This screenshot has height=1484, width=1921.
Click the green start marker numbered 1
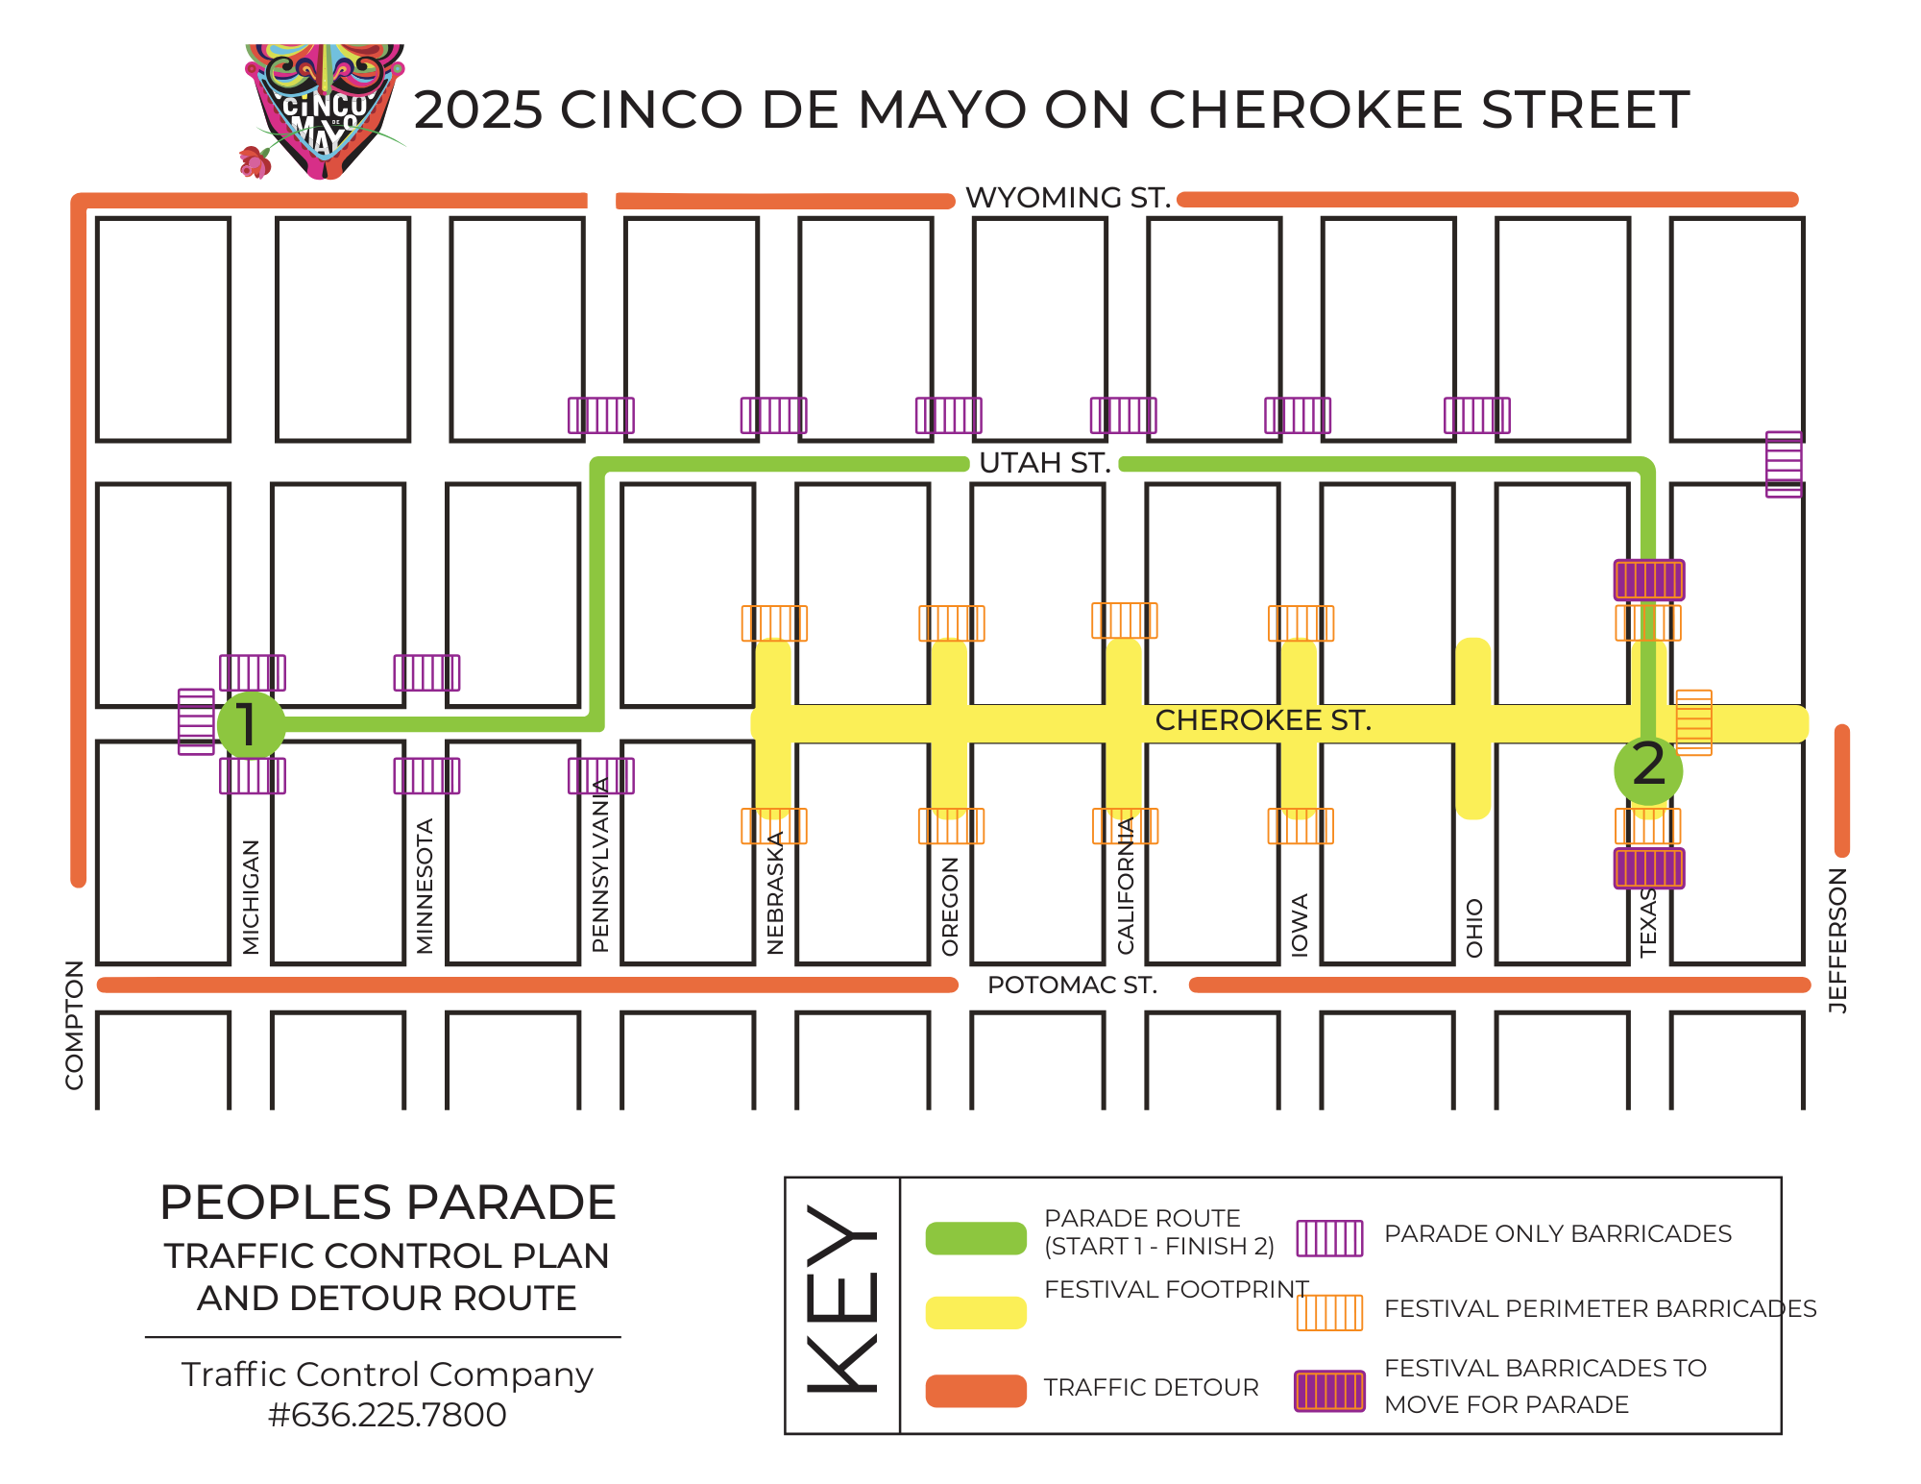point(251,724)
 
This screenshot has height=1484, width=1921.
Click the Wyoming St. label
point(1067,198)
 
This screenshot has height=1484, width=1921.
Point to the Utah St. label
point(1044,463)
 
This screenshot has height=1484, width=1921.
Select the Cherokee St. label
point(1262,720)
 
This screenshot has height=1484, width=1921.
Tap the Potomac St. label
point(1072,985)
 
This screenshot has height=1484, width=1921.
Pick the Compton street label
point(74,1024)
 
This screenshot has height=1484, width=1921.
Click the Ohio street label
point(1474,928)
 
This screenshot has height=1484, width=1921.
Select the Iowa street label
point(1300,924)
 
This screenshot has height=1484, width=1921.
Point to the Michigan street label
point(251,897)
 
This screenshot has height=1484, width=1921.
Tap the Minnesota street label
point(425,886)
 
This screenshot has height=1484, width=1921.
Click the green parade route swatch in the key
point(976,1237)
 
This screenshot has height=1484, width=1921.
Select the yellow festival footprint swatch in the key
point(976,1312)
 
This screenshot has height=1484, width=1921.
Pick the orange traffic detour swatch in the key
point(976,1390)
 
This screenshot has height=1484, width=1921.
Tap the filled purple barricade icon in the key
point(1329,1390)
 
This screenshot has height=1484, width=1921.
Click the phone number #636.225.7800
point(387,1415)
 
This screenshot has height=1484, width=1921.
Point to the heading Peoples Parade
point(387,1203)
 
